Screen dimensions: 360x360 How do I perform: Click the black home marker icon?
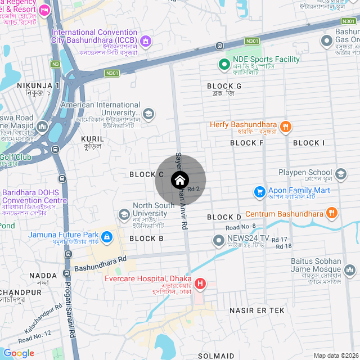pos(180,181)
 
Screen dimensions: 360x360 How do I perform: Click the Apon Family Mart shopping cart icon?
pos(259,192)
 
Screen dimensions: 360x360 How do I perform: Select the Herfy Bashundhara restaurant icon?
pos(286,127)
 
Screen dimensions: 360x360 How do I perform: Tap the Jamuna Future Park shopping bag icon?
pos(107,236)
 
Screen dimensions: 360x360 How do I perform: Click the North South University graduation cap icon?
pos(124,214)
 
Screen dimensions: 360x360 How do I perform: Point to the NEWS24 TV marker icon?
pos(219,241)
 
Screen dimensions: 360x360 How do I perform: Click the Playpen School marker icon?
pos(341,173)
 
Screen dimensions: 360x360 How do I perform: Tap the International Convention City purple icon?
pos(146,40)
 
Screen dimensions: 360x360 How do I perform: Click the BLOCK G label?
pos(224,86)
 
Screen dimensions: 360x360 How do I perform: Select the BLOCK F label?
pos(247,143)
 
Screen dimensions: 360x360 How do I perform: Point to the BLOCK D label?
pos(224,217)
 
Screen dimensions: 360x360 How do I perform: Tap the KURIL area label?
pos(92,138)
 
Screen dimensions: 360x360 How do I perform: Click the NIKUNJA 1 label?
pos(38,85)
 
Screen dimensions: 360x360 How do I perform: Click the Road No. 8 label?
pos(241,227)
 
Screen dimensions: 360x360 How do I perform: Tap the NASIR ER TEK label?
pos(257,310)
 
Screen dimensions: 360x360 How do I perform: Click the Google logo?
pos(19,353)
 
